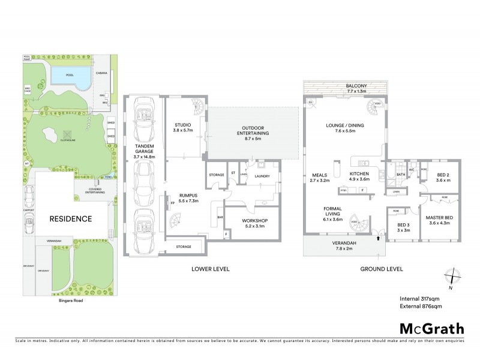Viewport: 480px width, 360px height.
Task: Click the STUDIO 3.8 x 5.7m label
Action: [x=181, y=127]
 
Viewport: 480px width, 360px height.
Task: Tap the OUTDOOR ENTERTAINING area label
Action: [x=255, y=133]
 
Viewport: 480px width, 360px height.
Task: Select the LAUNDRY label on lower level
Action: [x=262, y=176]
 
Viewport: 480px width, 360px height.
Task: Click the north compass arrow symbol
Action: [x=451, y=278]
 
